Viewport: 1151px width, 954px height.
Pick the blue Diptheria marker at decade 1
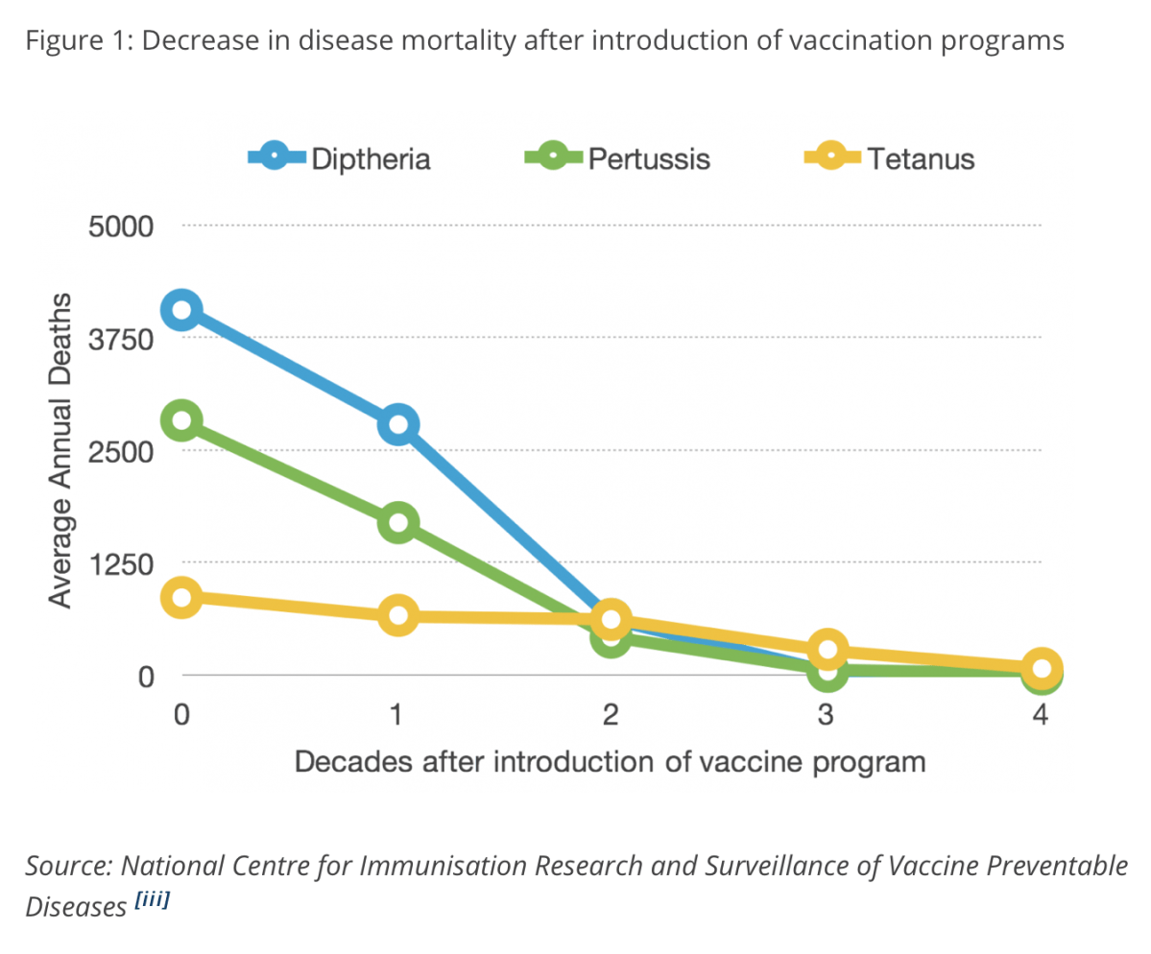pyautogui.click(x=397, y=424)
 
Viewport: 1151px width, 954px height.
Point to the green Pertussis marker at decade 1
pyautogui.click(x=397, y=523)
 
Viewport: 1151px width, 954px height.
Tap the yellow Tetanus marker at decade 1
pyautogui.click(x=397, y=615)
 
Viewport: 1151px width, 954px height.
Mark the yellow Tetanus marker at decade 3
pyautogui.click(x=827, y=650)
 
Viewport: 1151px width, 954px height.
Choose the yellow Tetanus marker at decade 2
pyautogui.click(x=611, y=619)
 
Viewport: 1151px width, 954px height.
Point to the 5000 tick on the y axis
pyautogui.click(x=120, y=227)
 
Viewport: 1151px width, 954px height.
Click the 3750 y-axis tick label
pyautogui.click(x=120, y=340)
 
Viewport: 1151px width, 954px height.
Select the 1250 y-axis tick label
pyautogui.click(x=120, y=564)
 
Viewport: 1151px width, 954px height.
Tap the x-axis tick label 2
pyautogui.click(x=611, y=715)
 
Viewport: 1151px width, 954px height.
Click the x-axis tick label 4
pyautogui.click(x=1040, y=715)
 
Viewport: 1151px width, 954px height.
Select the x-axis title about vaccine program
pyautogui.click(x=610, y=762)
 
